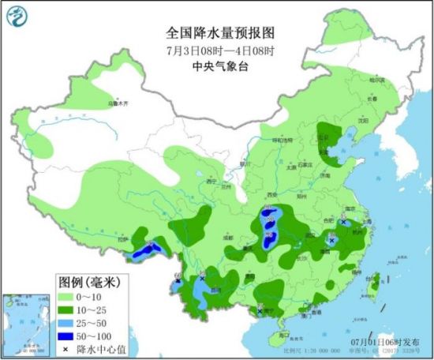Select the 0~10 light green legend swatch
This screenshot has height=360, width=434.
point(67,296)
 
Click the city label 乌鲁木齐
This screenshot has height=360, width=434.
point(117,103)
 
